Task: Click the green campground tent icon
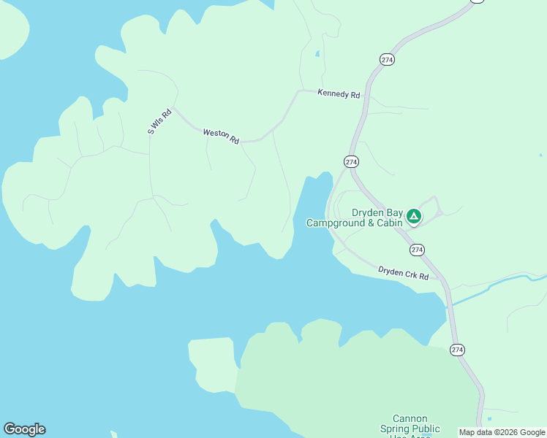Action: (414, 215)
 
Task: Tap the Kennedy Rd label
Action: (339, 95)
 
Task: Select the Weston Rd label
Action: (221, 136)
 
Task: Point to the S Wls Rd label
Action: (159, 122)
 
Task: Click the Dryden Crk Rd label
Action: (403, 272)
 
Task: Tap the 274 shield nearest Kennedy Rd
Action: (388, 59)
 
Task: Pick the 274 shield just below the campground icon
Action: (417, 250)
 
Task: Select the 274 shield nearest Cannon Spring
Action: (458, 350)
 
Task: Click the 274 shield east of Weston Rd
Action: (351, 161)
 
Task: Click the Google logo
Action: (24, 429)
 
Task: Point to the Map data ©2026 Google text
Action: (502, 432)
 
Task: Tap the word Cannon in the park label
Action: (410, 419)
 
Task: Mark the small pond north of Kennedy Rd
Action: (317, 54)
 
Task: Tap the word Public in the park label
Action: (426, 429)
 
